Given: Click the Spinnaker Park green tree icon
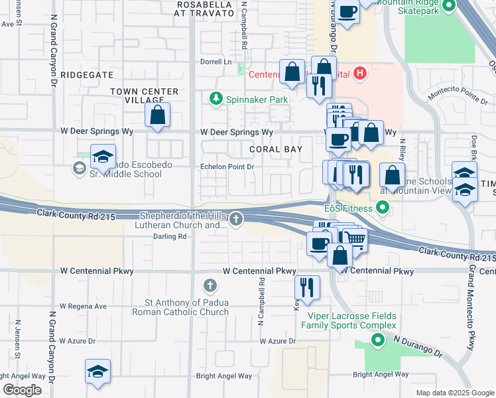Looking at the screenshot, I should [x=216, y=99].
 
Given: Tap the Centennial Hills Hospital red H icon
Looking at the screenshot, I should [x=360, y=74].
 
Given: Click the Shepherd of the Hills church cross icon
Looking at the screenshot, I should [x=236, y=219].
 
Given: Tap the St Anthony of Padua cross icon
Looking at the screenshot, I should [x=210, y=286].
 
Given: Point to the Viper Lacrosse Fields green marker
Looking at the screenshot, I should [x=378, y=342].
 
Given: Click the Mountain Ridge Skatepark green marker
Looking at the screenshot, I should [x=449, y=6].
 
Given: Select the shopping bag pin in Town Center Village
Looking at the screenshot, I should [x=158, y=115].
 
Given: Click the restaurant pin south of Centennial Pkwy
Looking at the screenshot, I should [x=306, y=287].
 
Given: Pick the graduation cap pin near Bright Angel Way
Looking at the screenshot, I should [x=97, y=371].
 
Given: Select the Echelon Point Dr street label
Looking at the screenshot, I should [x=227, y=167].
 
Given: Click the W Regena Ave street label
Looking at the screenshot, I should [x=83, y=306].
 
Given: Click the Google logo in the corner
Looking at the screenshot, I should [x=23, y=390].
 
